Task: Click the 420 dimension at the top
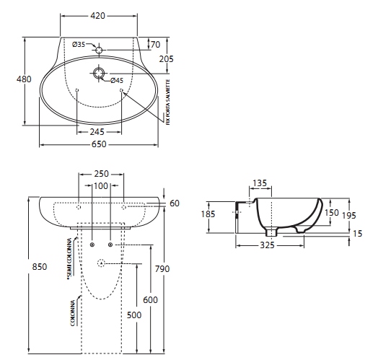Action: click(x=97, y=16)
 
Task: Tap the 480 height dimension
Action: click(x=24, y=79)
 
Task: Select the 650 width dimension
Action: click(x=99, y=144)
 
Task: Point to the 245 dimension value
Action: click(x=97, y=132)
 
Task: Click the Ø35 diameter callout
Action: click(x=79, y=45)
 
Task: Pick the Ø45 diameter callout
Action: click(x=117, y=81)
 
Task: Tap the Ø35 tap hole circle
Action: click(x=99, y=51)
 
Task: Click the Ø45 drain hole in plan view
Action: click(x=99, y=73)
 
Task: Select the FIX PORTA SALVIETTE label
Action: click(x=168, y=102)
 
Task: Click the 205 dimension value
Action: click(x=166, y=59)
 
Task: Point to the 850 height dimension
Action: click(x=40, y=267)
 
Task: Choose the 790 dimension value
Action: click(x=162, y=269)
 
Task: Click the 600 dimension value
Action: click(x=150, y=300)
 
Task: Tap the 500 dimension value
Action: click(x=134, y=315)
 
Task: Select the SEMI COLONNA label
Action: click(x=69, y=259)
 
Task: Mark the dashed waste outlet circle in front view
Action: click(x=101, y=263)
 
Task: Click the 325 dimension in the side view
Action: click(x=267, y=245)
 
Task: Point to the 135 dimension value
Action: click(x=260, y=183)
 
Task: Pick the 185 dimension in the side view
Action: click(x=208, y=214)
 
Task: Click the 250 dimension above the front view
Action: click(x=101, y=174)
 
